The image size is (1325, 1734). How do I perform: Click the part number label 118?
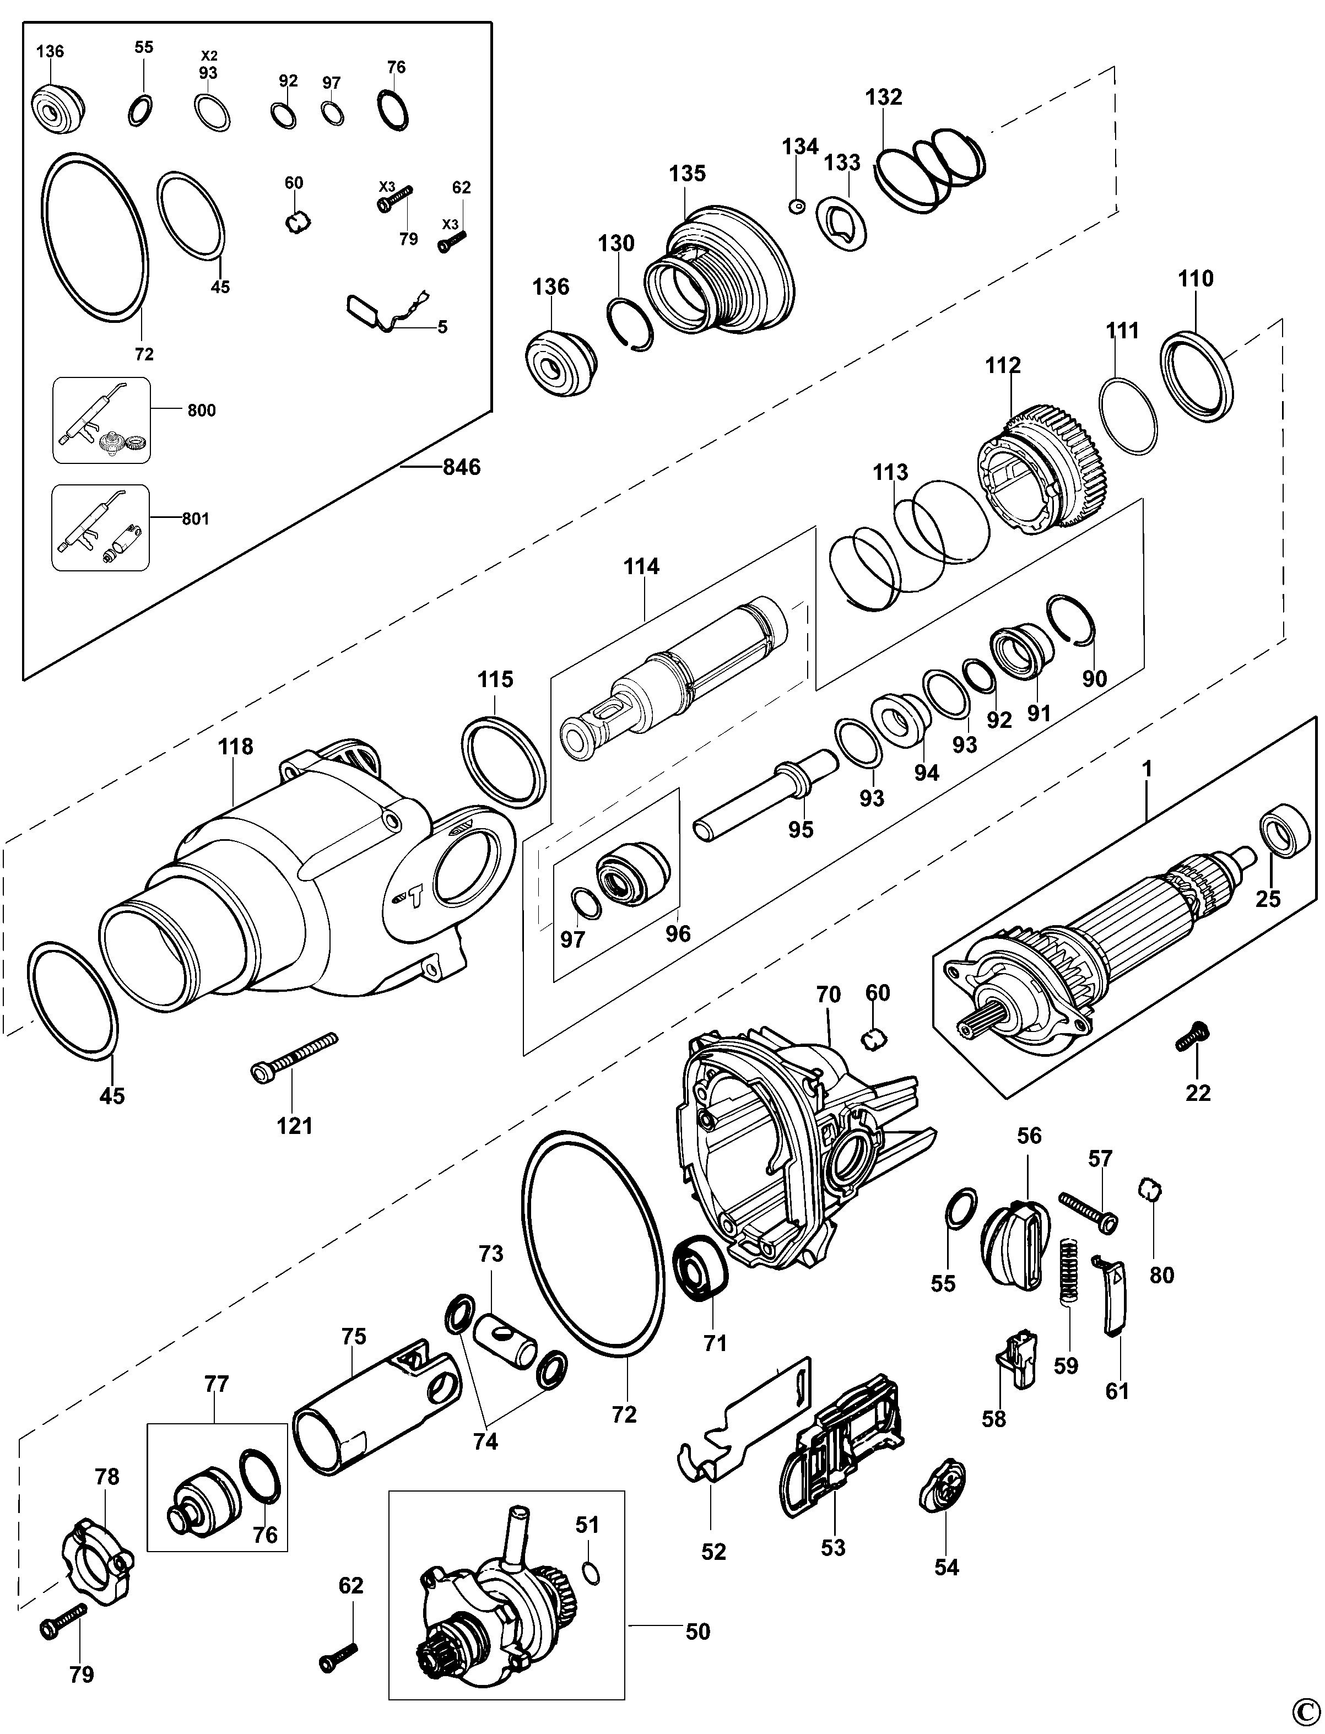coord(235,746)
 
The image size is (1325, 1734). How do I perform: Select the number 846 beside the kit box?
coord(461,467)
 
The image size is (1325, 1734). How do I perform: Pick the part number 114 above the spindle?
coord(641,566)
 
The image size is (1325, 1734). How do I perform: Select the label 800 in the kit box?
coord(201,410)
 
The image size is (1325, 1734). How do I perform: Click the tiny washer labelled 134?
coord(797,207)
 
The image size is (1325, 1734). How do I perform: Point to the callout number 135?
coord(687,174)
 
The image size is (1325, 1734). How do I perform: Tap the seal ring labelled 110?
coord(1197,364)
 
